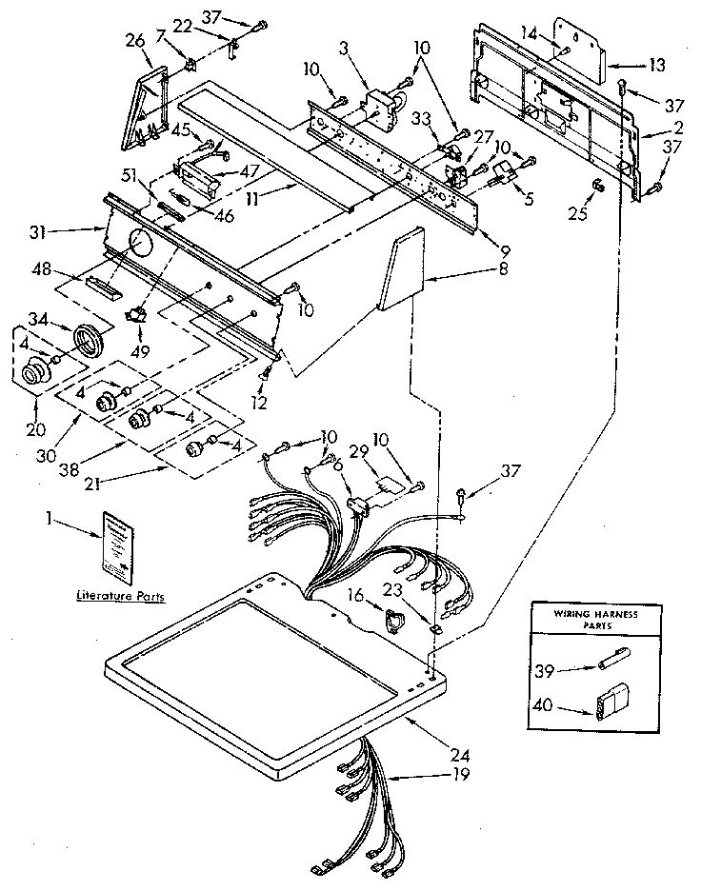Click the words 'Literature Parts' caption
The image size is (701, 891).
click(120, 597)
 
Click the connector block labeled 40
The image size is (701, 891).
click(607, 709)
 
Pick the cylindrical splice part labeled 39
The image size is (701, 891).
click(611, 663)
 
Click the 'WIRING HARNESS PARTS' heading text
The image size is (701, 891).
click(595, 620)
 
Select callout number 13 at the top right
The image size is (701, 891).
click(658, 65)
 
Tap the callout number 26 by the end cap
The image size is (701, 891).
click(134, 40)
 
